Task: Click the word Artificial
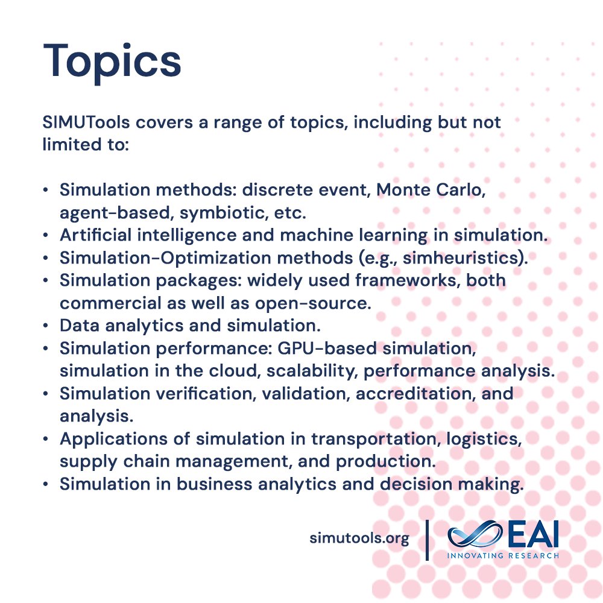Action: (x=93, y=235)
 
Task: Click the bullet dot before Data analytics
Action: (x=46, y=326)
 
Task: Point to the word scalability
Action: (x=308, y=371)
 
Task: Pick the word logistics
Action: (x=483, y=440)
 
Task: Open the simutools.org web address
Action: (x=359, y=538)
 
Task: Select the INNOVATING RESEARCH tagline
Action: (x=502, y=555)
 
